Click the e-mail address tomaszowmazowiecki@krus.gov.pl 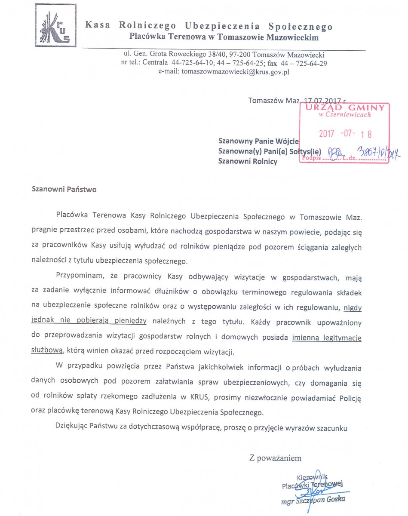pyautogui.click(x=235, y=72)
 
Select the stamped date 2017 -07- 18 pyautogui.click(x=346, y=134)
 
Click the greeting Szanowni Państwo pyautogui.click(x=64, y=189)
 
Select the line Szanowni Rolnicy pyautogui.click(x=248, y=162)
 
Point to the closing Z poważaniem pyautogui.click(x=275, y=458)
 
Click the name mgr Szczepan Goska pyautogui.click(x=313, y=500)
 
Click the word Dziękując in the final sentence pyautogui.click(x=74, y=428)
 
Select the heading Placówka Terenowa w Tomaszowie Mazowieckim pyautogui.click(x=224, y=37)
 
